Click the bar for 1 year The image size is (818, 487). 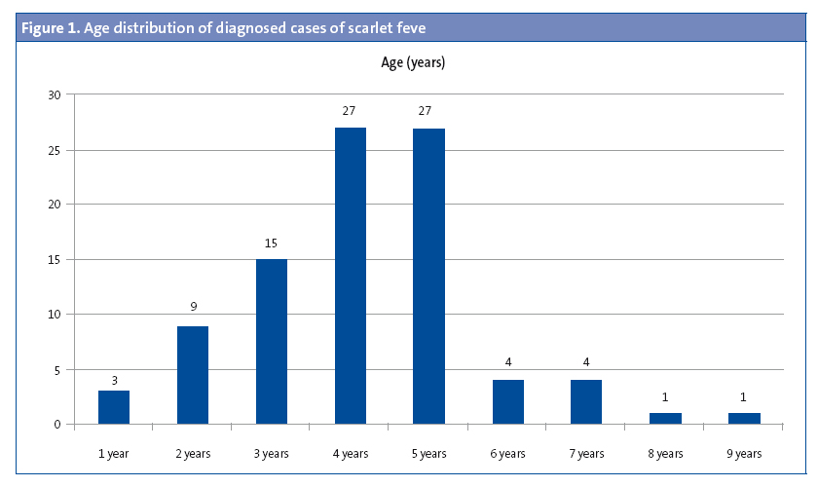point(114,407)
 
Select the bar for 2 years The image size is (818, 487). point(193,375)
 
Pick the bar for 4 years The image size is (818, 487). point(351,276)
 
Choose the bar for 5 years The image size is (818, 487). point(428,276)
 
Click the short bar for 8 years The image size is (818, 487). point(665,418)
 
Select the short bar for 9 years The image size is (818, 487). point(744,418)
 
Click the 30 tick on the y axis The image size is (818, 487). point(54,94)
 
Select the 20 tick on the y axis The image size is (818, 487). point(54,205)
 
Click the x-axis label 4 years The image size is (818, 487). point(351,453)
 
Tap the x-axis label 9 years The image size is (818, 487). point(744,453)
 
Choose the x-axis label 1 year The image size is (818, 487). point(114,453)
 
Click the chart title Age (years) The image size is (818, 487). point(413,62)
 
